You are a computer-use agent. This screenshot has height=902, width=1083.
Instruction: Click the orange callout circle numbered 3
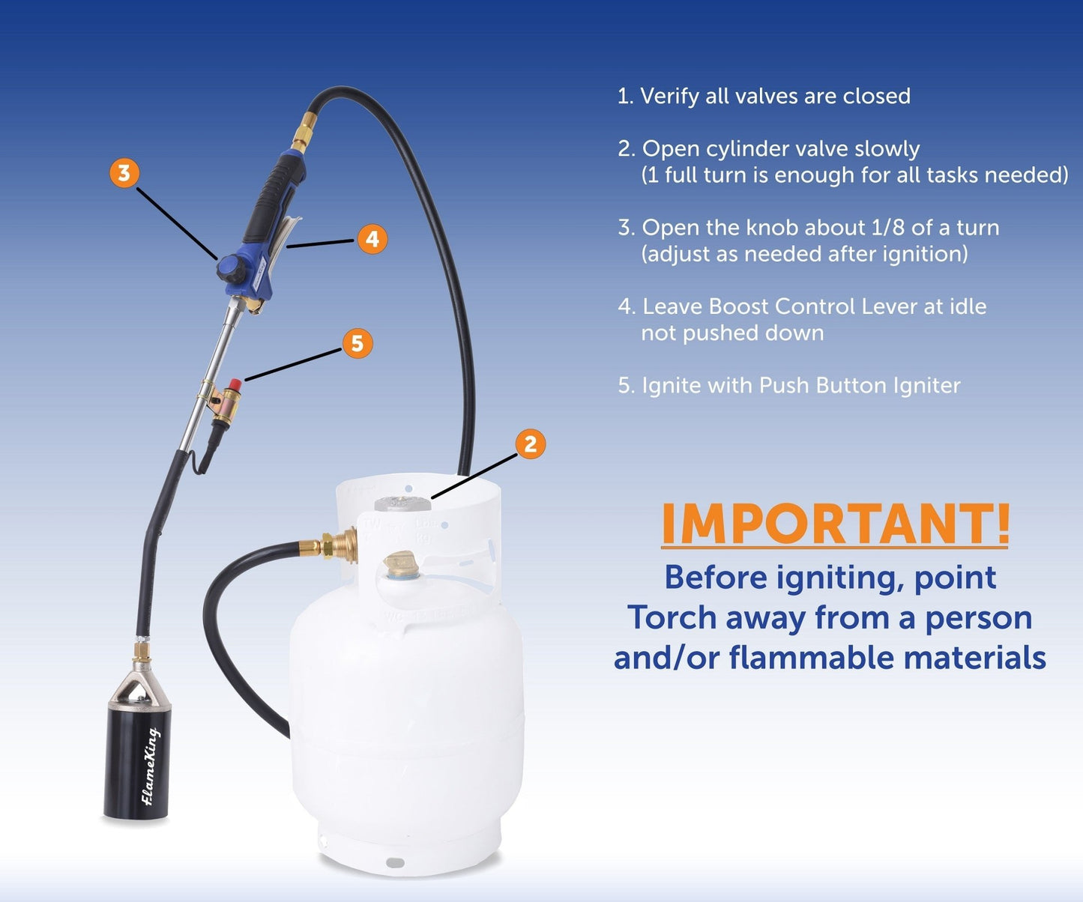pyautogui.click(x=124, y=173)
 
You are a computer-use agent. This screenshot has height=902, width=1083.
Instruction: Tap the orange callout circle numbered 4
pyautogui.click(x=372, y=240)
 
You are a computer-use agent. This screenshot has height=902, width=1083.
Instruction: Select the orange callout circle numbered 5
pyautogui.click(x=358, y=344)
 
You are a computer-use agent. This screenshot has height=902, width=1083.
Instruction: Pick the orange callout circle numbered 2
pyautogui.click(x=531, y=444)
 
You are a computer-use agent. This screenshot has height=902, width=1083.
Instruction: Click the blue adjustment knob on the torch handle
pyautogui.click(x=229, y=267)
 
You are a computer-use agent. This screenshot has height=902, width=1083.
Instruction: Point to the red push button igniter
pyautogui.click(x=234, y=385)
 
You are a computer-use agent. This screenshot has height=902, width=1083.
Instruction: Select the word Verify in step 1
pyautogui.click(x=669, y=97)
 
